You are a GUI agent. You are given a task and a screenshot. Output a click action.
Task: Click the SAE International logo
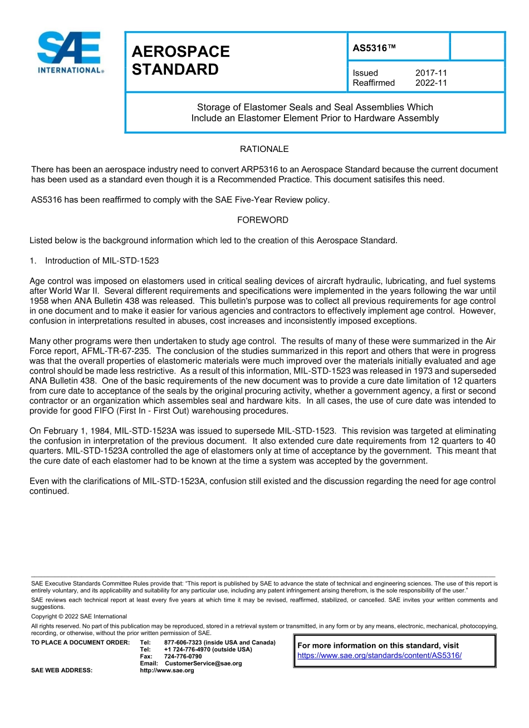pyautogui.click(x=70, y=52)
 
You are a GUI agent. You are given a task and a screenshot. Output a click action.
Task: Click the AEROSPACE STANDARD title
pyautogui.click(x=180, y=61)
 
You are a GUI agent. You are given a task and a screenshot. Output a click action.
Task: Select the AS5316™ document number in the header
pyautogui.click(x=374, y=48)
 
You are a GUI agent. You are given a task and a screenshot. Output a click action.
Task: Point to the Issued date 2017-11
pyautogui.click(x=431, y=73)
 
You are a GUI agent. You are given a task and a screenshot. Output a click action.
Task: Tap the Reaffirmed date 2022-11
pyautogui.click(x=431, y=83)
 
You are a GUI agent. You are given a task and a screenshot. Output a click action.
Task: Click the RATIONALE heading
pyautogui.click(x=264, y=149)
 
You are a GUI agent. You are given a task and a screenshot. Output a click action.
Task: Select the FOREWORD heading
pyautogui.click(x=263, y=220)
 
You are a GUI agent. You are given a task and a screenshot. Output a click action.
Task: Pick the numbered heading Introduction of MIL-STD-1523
pyautogui.click(x=101, y=260)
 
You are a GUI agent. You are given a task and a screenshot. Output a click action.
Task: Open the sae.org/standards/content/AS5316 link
pyautogui.click(x=379, y=656)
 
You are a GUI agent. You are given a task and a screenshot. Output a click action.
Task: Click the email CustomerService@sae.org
pyautogui.click(x=203, y=663)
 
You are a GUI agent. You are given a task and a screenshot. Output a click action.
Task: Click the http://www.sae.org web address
pyautogui.click(x=167, y=671)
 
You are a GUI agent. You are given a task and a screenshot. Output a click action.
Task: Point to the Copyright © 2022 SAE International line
pyautogui.click(x=79, y=616)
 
